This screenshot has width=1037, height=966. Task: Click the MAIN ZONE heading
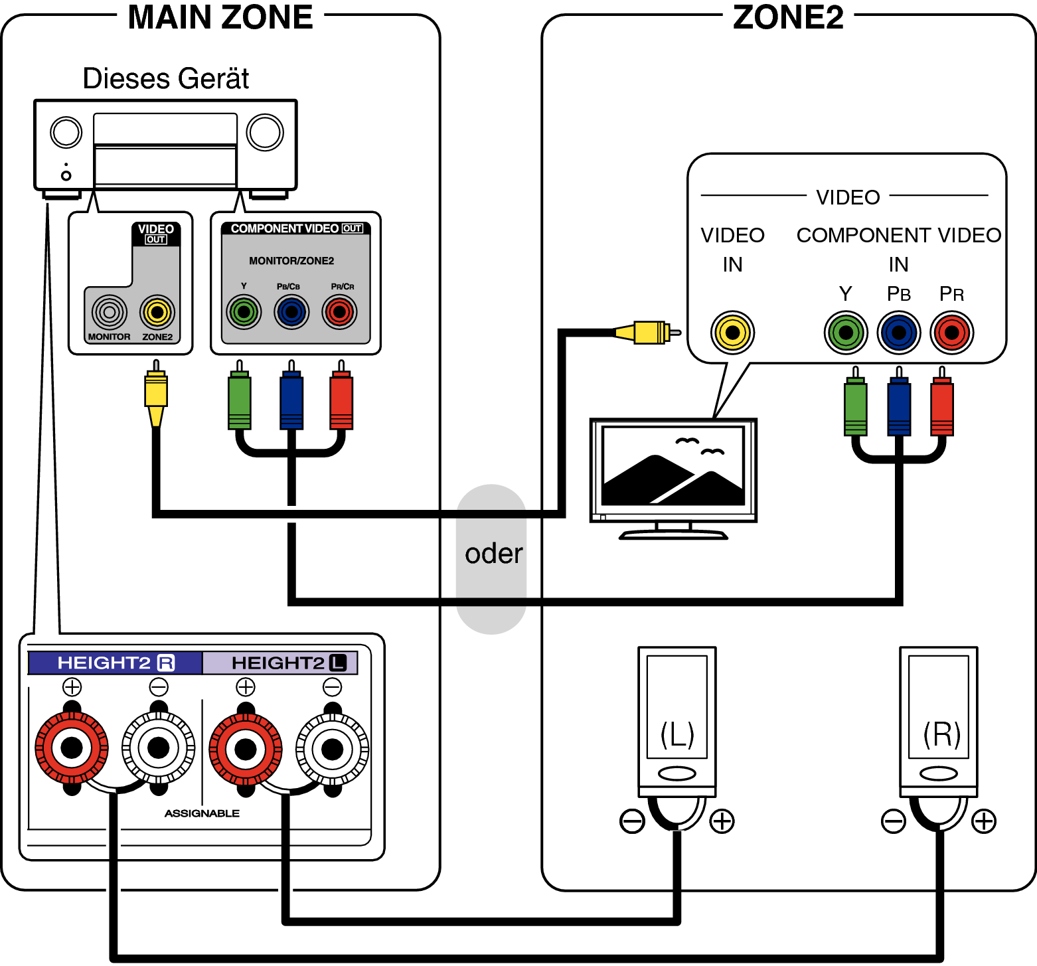point(220,17)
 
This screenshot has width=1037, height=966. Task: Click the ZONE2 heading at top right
point(788,17)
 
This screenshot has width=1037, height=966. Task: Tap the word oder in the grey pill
point(493,554)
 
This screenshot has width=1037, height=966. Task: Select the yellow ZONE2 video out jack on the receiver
point(157,312)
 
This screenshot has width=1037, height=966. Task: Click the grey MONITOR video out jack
point(110,312)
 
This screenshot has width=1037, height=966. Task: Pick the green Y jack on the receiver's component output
point(244,312)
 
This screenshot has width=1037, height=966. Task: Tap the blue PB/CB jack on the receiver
point(291,312)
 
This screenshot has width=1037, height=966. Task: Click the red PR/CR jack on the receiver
point(339,312)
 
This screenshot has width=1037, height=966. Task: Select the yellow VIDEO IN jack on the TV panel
point(732,333)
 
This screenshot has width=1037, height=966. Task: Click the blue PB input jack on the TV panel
point(898,333)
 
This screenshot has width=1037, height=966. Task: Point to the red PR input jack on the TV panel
point(951,333)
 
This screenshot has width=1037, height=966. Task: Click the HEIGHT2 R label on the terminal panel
point(116,663)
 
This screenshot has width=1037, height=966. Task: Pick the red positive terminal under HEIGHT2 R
point(72,748)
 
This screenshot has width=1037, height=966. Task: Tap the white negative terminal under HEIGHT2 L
point(332,749)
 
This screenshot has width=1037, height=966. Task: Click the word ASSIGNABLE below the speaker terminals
point(202,813)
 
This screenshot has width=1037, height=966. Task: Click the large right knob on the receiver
point(265,132)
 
